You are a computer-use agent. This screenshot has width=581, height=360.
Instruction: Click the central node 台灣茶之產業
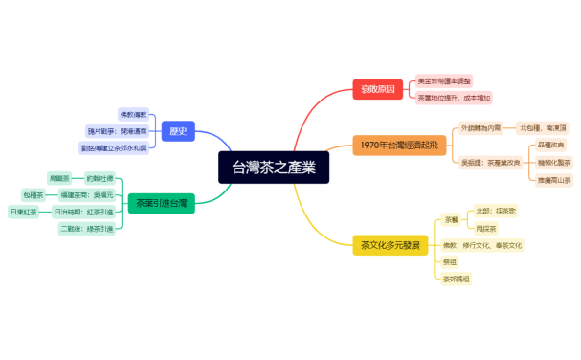[x=274, y=168]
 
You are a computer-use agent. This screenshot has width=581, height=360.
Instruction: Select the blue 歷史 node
[x=178, y=131]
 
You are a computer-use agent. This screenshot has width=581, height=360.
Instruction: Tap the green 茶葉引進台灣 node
[x=161, y=203]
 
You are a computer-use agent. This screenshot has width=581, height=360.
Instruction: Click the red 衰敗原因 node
[x=378, y=89]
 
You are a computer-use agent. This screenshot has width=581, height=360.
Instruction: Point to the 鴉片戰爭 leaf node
[x=118, y=131]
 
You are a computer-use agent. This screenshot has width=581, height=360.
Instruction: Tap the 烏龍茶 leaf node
[x=59, y=178]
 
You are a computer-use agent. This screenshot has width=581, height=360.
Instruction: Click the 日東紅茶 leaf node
[x=23, y=212]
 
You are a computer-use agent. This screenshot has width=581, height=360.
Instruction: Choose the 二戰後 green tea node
[x=86, y=229]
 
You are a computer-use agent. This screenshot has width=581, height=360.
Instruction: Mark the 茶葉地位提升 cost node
[x=455, y=98]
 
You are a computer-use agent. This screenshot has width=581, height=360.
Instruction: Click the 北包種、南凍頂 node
[x=544, y=127]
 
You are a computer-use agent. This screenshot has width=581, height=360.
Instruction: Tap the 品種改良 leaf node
[x=551, y=145]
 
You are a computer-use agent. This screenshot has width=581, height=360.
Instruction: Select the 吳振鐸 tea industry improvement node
[x=491, y=162]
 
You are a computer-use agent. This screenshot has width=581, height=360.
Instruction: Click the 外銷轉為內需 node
[x=482, y=127]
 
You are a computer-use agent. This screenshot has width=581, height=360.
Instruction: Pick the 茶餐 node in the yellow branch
[x=451, y=219]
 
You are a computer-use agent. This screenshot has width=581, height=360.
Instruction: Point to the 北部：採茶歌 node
[x=496, y=210]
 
